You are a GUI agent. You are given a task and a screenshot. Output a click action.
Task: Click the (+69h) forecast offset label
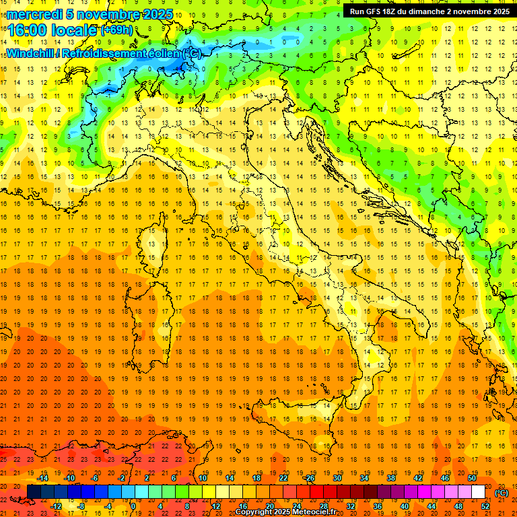point(116,30)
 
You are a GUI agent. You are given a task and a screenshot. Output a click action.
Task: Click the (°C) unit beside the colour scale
point(502,493)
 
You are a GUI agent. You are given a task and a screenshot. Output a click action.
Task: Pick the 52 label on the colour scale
point(485,506)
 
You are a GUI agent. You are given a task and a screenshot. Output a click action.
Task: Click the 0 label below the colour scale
point(133,506)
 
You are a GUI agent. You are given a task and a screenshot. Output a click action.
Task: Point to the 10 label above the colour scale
point(202,478)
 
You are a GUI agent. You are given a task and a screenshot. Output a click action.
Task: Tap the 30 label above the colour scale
point(337,478)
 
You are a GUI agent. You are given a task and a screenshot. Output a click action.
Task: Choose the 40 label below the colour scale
point(405,506)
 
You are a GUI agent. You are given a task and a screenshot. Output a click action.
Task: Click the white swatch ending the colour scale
point(479,492)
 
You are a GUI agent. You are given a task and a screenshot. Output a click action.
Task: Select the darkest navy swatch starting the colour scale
point(34,492)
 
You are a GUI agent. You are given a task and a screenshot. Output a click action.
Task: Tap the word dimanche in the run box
point(441,11)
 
